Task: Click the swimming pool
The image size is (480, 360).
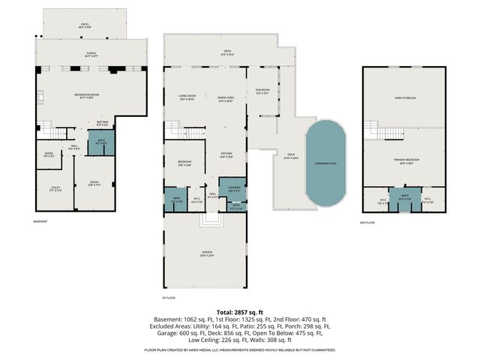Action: coord(327,164)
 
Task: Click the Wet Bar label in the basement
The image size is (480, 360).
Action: coord(102,123)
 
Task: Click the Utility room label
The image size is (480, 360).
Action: coord(55,189)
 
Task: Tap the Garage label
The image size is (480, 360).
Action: coord(206,253)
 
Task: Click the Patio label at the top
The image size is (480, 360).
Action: coord(84,25)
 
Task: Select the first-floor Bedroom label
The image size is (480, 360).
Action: coord(184,163)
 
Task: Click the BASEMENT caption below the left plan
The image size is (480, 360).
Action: coord(41,223)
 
